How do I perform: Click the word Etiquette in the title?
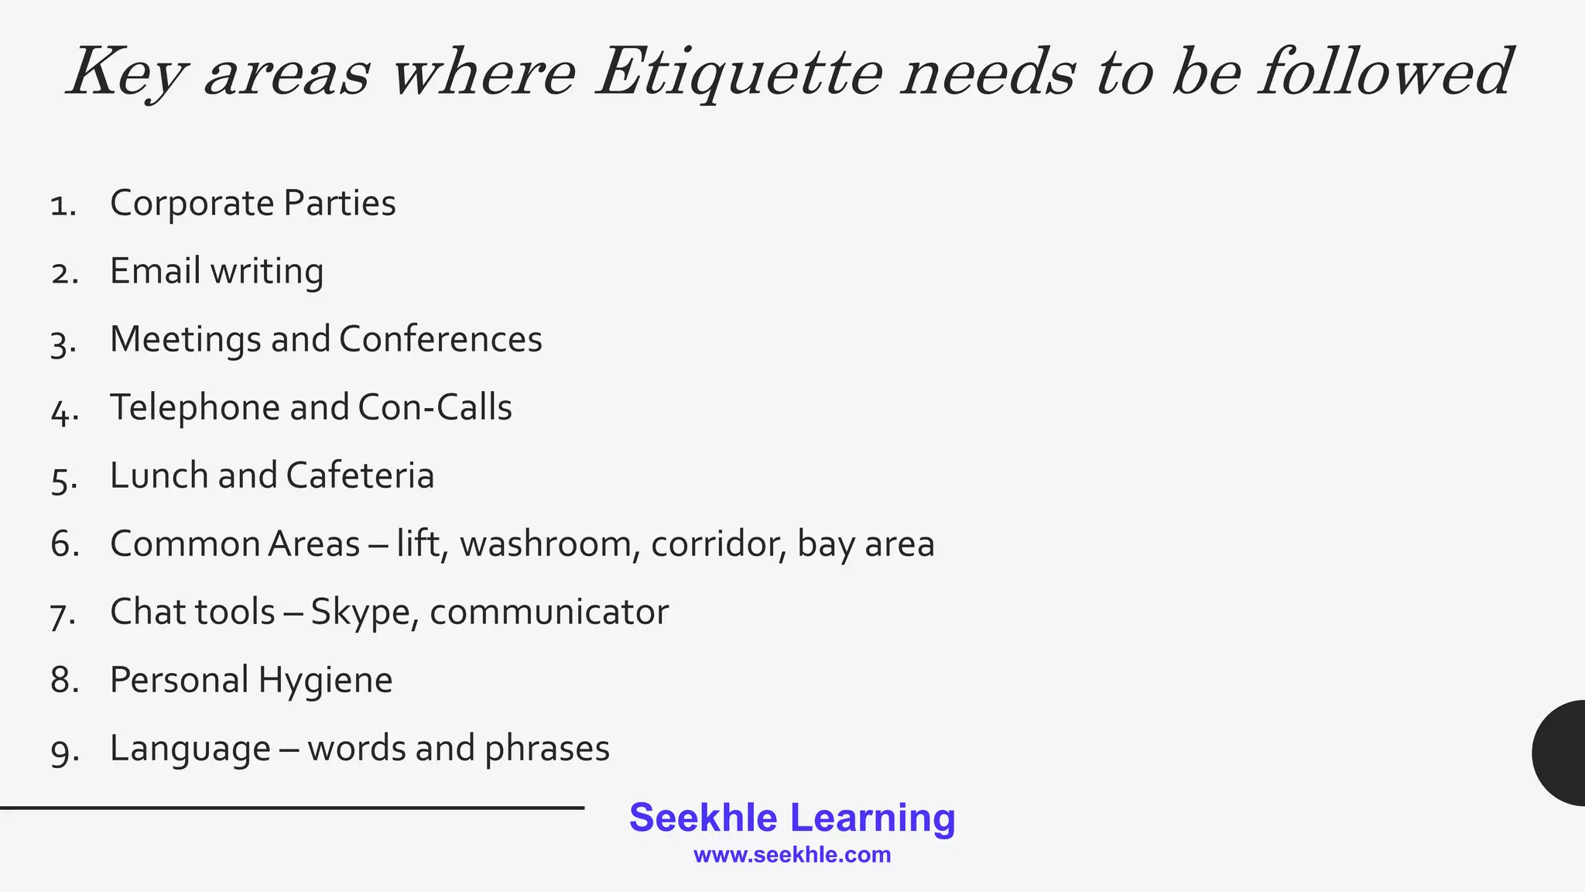[739, 74]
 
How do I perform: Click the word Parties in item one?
[339, 204]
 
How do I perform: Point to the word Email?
[155, 271]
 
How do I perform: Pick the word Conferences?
[440, 339]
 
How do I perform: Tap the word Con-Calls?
[435, 407]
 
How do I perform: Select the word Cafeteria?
[360, 475]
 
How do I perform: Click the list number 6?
[64, 544]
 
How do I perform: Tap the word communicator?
[549, 612]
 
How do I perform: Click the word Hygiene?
[325, 681]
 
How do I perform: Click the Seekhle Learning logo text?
[792, 818]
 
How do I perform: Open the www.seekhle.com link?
[792, 855]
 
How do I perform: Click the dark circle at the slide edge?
[1560, 753]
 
